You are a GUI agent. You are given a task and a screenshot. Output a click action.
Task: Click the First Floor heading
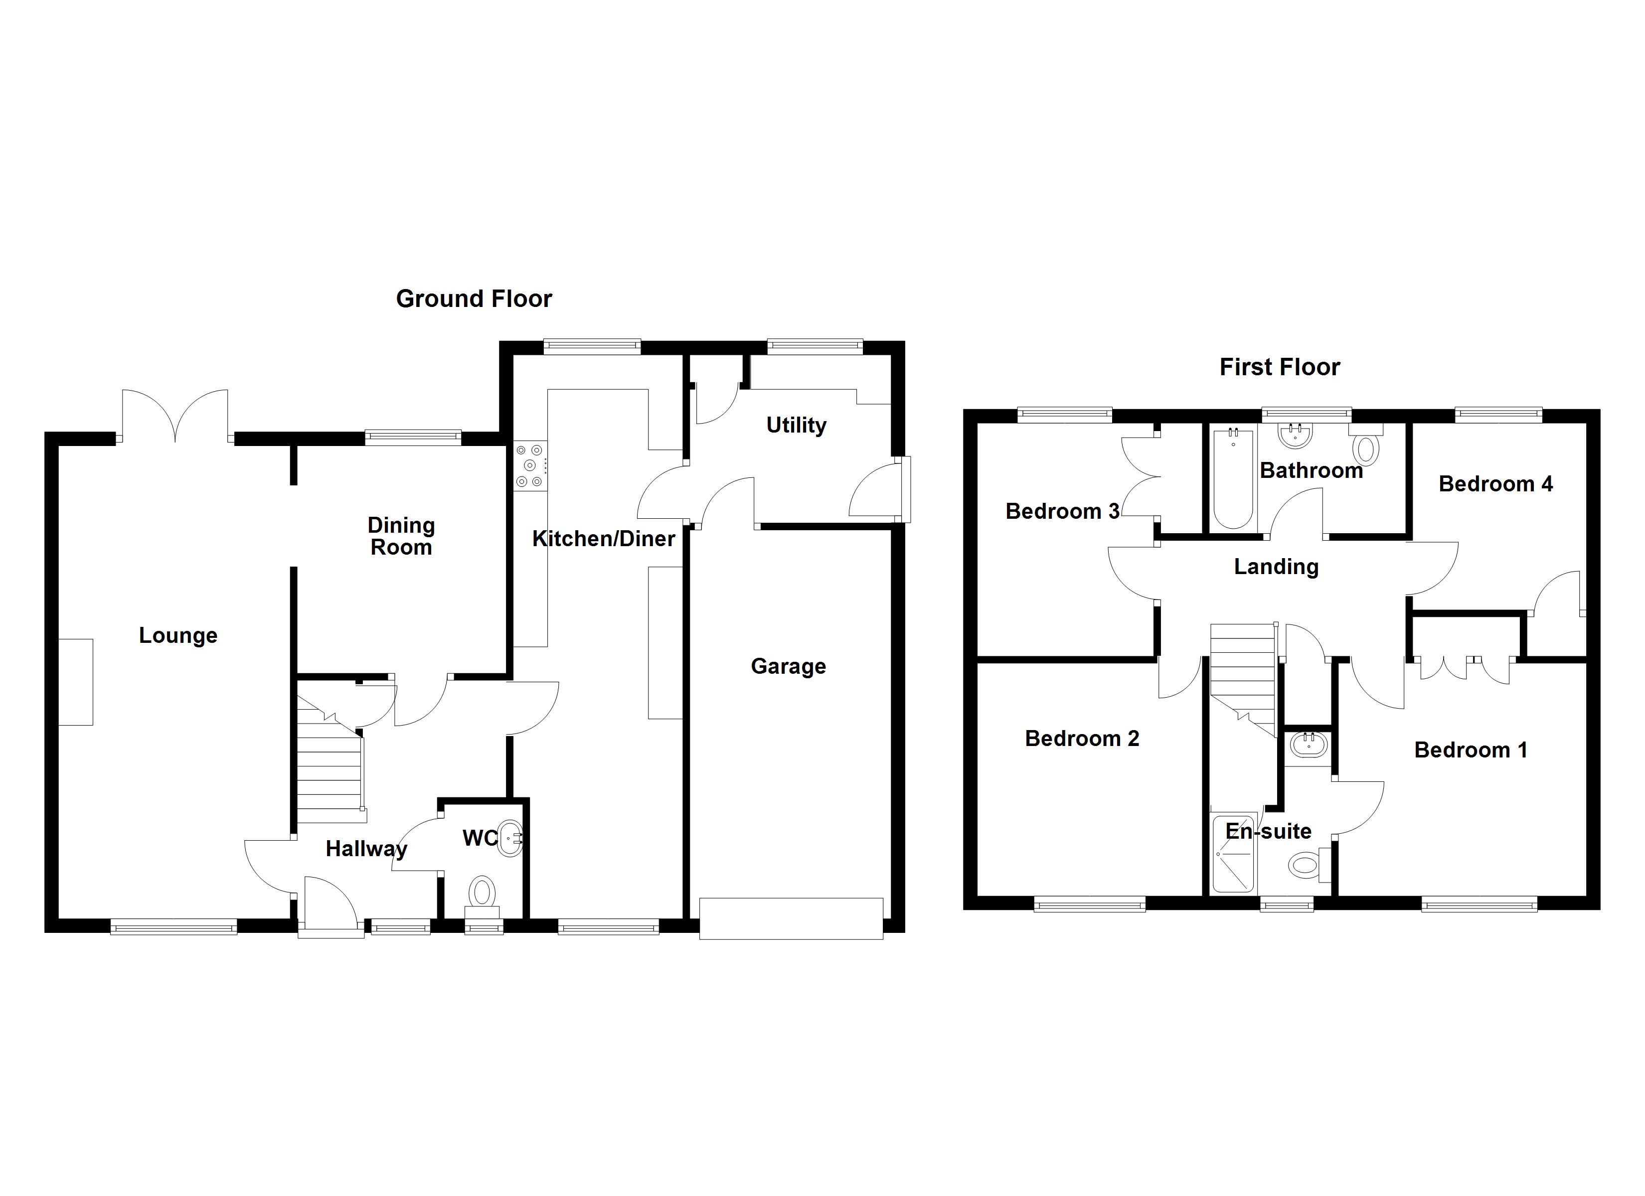coord(1280,367)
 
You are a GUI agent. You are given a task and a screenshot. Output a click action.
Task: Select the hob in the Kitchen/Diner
coord(529,465)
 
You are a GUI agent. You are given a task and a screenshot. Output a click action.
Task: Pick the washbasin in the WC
coord(511,839)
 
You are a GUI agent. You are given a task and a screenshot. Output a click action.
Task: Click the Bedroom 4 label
coord(1495,484)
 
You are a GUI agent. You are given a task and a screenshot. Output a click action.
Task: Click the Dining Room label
coord(401,536)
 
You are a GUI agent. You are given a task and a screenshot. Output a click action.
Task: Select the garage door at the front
coord(791,918)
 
